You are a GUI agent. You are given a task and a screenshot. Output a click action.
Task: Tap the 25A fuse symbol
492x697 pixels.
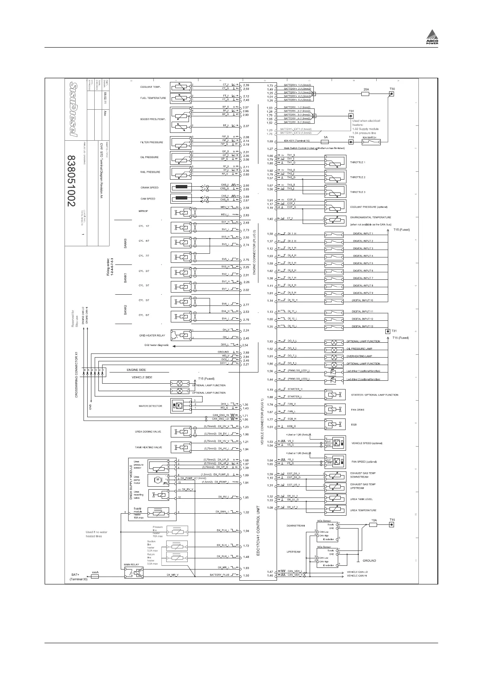point(365,94)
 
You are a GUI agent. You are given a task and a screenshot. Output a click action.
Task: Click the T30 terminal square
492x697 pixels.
point(392,94)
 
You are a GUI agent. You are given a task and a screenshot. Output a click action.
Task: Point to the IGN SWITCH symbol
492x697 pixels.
point(371,142)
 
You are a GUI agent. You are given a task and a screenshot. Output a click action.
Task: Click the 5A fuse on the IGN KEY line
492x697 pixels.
point(325,142)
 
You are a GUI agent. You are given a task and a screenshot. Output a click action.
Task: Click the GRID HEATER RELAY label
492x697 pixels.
point(152,336)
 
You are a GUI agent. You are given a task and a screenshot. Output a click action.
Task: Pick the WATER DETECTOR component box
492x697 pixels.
point(179,406)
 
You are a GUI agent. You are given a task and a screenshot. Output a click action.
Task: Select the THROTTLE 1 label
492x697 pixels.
point(358,162)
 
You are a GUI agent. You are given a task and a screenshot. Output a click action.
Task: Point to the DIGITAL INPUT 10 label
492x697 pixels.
point(362,300)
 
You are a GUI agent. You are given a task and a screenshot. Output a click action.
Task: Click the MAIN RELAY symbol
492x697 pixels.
point(133,572)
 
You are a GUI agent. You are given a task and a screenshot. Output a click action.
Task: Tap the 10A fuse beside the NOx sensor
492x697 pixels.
point(373,525)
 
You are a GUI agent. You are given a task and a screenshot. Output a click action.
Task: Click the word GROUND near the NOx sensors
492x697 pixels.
point(369,561)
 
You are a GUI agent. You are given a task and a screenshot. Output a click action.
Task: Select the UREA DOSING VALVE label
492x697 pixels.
point(148,432)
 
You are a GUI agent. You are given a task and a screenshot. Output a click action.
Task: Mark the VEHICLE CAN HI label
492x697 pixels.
point(357,576)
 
